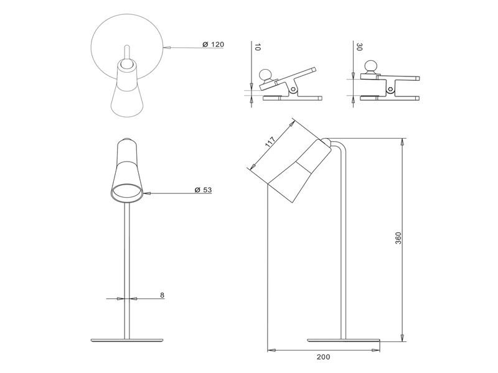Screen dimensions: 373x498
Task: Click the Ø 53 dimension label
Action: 202,190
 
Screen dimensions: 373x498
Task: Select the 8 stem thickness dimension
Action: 162,295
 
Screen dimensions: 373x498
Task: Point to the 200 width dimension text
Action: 323,357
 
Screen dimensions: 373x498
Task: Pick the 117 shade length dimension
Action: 270,142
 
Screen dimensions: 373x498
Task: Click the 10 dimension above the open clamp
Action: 255,47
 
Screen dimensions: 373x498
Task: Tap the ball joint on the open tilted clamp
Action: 266,75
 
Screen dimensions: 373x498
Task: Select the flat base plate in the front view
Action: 127,339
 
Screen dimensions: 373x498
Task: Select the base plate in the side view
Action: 343,339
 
